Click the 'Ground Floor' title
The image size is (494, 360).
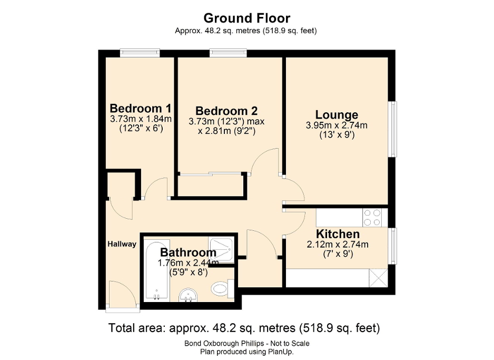pyautogui.click(x=246, y=19)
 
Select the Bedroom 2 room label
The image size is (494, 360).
pyautogui.click(x=226, y=111)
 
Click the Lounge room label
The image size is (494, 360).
pyautogui.click(x=337, y=114)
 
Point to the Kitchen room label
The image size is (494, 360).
pyautogui.click(x=338, y=233)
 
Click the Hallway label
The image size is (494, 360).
pyautogui.click(x=122, y=244)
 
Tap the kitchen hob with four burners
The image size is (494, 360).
pyautogui.click(x=373, y=217)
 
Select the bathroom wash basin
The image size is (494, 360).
pyautogui.click(x=187, y=295)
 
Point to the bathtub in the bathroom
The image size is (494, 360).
pyautogui.click(x=154, y=271)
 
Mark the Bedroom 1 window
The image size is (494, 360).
pyautogui.click(x=140, y=52)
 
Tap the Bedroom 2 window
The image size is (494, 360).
pyautogui.click(x=228, y=52)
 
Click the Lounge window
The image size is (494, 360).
pyautogui.click(x=392, y=129)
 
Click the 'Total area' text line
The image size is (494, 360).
pyautogui.click(x=244, y=328)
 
